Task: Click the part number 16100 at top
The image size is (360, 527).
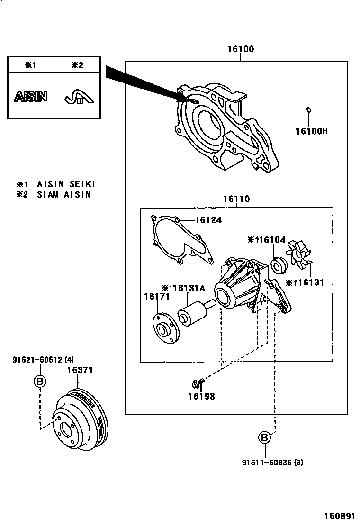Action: [241, 49]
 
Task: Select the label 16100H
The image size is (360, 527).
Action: [311, 131]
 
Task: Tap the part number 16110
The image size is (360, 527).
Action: [236, 200]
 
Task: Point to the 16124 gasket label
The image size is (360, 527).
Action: [208, 220]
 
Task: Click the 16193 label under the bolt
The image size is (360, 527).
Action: [201, 396]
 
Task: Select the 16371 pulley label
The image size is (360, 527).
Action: [79, 370]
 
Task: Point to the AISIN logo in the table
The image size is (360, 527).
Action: [30, 97]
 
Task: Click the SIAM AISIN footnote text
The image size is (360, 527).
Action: [64, 194]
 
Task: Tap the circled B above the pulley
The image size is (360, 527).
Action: [40, 381]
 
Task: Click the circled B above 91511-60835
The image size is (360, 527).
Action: [265, 438]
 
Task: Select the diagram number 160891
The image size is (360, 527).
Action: [340, 516]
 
